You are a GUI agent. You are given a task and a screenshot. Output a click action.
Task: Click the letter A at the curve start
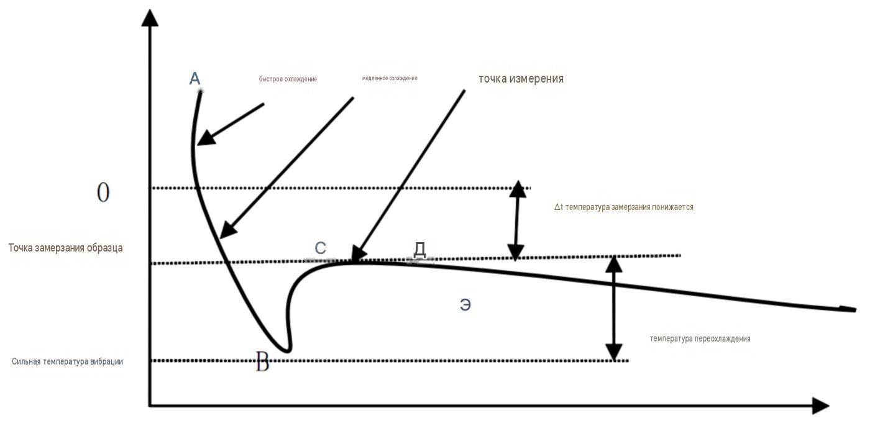pyautogui.click(x=195, y=78)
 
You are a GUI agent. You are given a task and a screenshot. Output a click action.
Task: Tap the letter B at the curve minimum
pyautogui.click(x=262, y=361)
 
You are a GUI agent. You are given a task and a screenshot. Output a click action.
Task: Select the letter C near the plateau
pyautogui.click(x=320, y=248)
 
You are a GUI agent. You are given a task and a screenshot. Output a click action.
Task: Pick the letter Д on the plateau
pyautogui.click(x=419, y=250)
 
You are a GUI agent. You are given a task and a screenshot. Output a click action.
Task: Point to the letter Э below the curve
pyautogui.click(x=465, y=305)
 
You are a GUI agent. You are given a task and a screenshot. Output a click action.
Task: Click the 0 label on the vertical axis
pyautogui.click(x=103, y=192)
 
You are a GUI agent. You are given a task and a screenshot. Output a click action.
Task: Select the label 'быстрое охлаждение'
pyautogui.click(x=288, y=79)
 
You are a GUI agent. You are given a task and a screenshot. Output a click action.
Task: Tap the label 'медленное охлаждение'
pyautogui.click(x=390, y=78)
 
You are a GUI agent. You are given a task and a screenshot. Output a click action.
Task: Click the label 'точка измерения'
pyautogui.click(x=521, y=79)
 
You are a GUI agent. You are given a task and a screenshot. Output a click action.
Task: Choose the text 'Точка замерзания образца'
pyautogui.click(x=66, y=248)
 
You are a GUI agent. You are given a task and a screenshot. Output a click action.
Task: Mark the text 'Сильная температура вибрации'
pyautogui.click(x=67, y=361)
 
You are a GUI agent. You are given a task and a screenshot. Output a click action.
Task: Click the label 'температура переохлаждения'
pyautogui.click(x=700, y=338)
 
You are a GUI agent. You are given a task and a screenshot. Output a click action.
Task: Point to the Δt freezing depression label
pyautogui.click(x=624, y=207)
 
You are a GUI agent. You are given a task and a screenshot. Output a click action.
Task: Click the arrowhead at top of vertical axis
pyautogui.click(x=150, y=18)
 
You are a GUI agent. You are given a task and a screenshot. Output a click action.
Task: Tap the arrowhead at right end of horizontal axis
pyautogui.click(x=820, y=406)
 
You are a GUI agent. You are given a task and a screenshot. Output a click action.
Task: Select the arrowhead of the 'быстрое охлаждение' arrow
pyautogui.click(x=206, y=138)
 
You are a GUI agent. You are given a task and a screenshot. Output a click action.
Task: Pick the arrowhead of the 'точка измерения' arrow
pyautogui.click(x=358, y=253)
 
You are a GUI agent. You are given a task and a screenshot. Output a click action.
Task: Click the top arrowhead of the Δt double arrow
pyautogui.click(x=518, y=189)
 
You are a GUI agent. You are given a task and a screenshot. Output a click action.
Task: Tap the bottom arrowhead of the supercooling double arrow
pyautogui.click(x=614, y=352)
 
